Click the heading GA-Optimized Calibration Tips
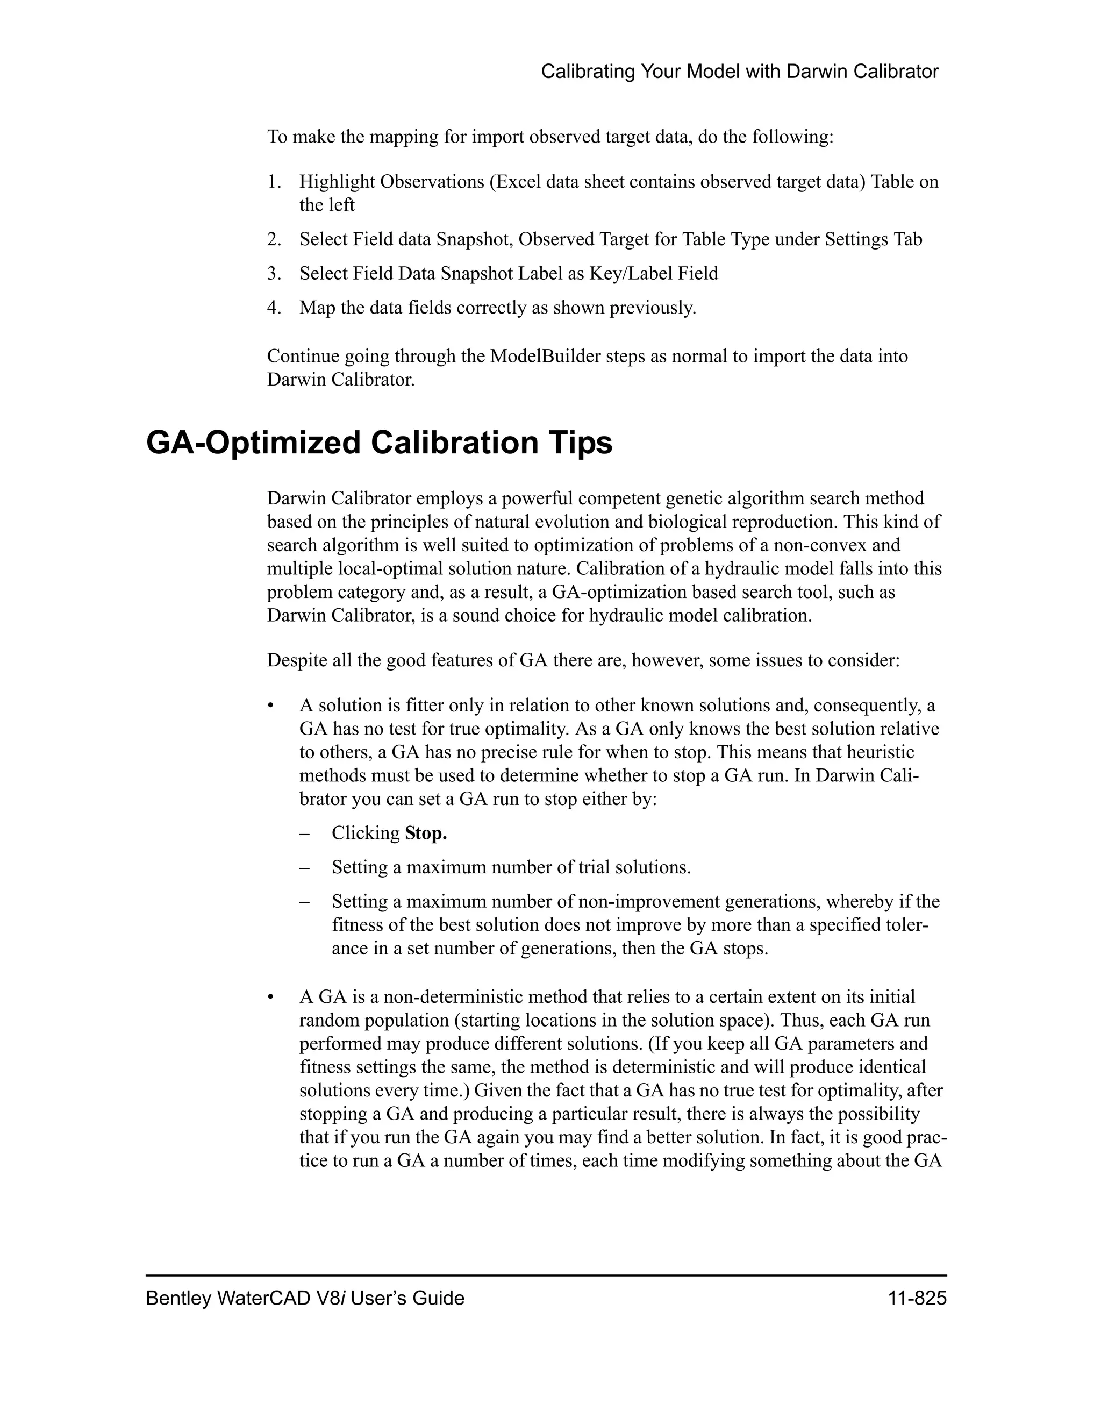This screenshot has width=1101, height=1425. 379,443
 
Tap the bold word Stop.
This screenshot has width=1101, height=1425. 425,833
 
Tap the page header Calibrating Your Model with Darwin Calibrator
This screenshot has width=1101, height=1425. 740,72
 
